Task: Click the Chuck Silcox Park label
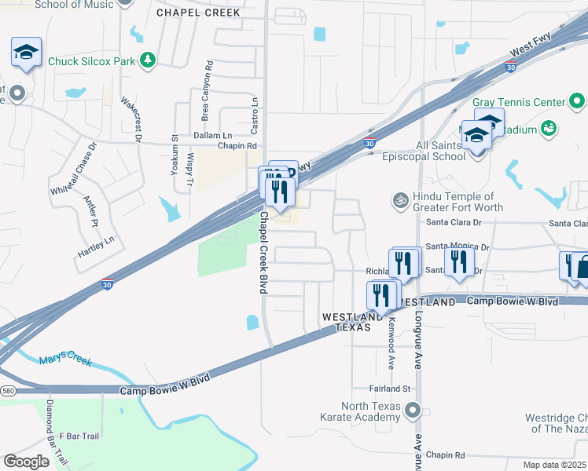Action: click(x=91, y=60)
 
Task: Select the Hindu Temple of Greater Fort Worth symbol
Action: click(x=399, y=200)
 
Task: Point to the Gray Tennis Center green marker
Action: click(x=577, y=102)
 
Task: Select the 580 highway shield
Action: click(x=7, y=390)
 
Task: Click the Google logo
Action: click(x=26, y=461)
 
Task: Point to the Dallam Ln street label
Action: click(x=212, y=135)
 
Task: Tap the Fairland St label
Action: click(x=391, y=389)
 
